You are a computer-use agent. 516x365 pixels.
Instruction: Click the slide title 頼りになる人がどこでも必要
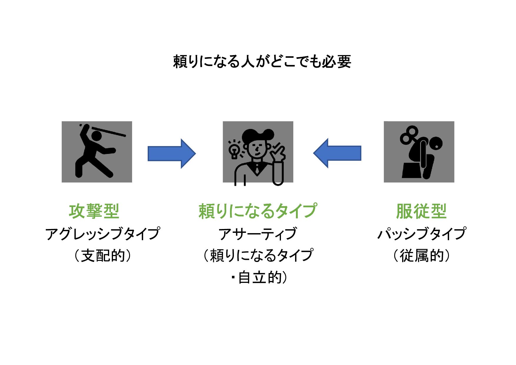(x=262, y=62)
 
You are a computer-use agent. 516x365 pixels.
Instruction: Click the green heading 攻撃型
(x=94, y=211)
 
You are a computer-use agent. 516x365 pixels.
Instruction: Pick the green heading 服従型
(x=421, y=211)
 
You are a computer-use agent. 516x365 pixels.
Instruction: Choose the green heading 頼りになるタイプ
(x=258, y=211)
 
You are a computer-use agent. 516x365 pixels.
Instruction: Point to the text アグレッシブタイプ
(x=103, y=234)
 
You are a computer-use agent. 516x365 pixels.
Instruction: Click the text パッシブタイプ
(x=422, y=234)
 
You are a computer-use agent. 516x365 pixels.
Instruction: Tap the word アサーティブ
(x=258, y=234)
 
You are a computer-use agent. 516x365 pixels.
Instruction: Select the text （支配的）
(x=103, y=255)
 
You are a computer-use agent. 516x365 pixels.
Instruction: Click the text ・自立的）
(x=259, y=278)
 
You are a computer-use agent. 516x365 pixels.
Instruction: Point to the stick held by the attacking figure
(x=109, y=131)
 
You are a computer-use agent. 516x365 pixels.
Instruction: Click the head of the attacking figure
(x=96, y=136)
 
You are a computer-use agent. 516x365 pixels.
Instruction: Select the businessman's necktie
(x=257, y=169)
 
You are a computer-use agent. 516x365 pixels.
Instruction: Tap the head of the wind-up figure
(x=435, y=144)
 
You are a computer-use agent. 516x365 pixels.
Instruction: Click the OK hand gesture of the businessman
(x=278, y=153)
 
